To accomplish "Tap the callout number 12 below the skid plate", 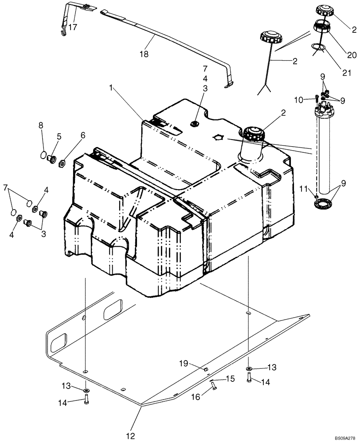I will [x=130, y=436].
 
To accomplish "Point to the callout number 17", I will [x=73, y=27].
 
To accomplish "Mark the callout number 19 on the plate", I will [x=184, y=364].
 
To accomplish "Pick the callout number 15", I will [x=230, y=379].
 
